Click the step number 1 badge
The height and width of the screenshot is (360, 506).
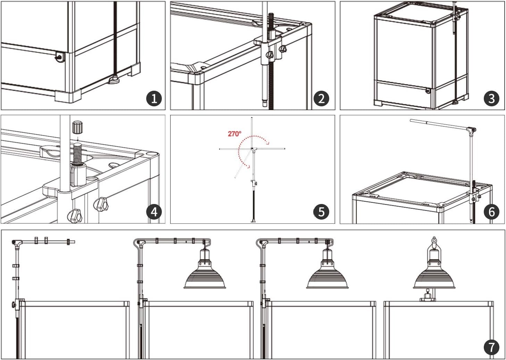click(154, 99)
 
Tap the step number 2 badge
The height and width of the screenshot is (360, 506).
click(321, 99)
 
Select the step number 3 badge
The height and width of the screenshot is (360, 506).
click(492, 99)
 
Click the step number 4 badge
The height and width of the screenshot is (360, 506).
click(154, 212)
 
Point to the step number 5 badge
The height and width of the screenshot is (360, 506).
click(321, 212)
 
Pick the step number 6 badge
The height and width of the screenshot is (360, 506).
click(492, 212)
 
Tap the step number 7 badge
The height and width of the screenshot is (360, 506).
click(492, 347)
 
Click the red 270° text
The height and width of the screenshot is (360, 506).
click(234, 134)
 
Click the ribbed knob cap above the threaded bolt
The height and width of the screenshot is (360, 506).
click(77, 128)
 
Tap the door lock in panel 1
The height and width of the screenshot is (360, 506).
click(59, 58)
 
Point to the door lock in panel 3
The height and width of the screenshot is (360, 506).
click(428, 91)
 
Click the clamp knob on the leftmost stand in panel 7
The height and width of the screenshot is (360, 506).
click(14, 305)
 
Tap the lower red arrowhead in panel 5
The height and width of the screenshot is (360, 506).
click(248, 167)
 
